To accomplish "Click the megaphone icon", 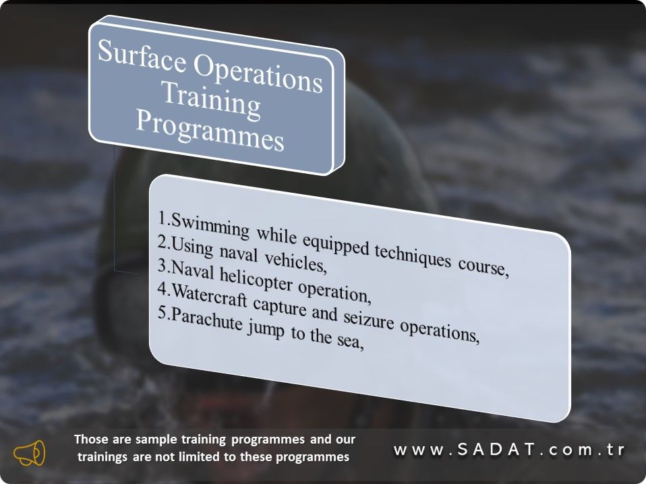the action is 30,453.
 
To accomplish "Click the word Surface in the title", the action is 142,56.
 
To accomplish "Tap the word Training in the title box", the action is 211,100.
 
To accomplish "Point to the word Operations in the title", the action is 258,75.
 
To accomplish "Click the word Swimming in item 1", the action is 210,225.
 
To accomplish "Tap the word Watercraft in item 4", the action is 209,295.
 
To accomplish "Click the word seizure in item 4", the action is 369,320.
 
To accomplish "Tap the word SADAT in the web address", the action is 496,450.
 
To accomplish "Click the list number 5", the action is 162,313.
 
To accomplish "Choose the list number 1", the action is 162,217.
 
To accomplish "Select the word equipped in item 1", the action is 335,244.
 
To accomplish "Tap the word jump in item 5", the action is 266,330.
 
